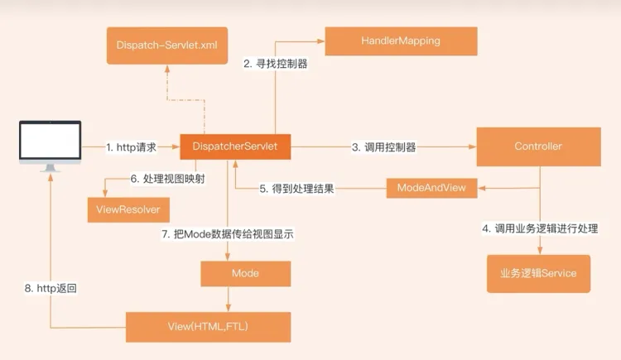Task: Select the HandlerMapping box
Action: pos(401,41)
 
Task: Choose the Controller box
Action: pos(537,146)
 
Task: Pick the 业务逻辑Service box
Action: pos(537,273)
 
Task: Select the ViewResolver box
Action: pos(123,209)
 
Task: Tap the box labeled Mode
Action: pos(245,273)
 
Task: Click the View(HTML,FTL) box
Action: pos(209,326)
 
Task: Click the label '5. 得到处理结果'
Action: pos(296,189)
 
